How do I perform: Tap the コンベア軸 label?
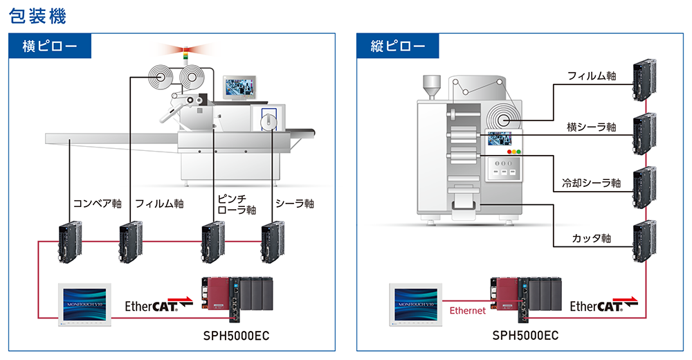point(98,204)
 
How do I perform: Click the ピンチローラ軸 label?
point(237,204)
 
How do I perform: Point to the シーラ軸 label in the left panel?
point(295,204)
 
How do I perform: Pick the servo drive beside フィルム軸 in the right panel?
point(644,75)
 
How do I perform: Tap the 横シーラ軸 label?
point(591,127)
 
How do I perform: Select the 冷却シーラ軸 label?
point(592,183)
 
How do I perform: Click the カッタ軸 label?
point(592,238)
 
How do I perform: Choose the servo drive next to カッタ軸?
point(644,242)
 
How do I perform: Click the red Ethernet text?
point(468,311)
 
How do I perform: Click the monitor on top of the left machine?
point(239,88)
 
